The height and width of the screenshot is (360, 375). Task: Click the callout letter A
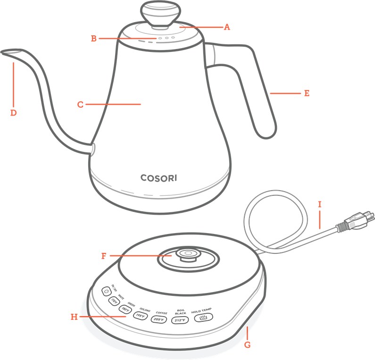click(226, 27)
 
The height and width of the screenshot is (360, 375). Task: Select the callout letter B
click(94, 38)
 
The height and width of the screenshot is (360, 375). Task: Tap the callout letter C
click(80, 105)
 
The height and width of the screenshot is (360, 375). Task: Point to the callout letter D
click(13, 113)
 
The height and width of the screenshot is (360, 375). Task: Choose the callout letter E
click(307, 93)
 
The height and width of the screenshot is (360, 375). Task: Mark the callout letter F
click(104, 256)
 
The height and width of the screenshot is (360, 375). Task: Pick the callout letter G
click(247, 345)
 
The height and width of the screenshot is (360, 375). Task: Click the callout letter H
click(74, 317)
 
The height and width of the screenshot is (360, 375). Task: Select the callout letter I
click(319, 204)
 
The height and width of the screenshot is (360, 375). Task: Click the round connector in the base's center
click(188, 254)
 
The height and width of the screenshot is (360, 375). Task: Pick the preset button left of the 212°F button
click(158, 319)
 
